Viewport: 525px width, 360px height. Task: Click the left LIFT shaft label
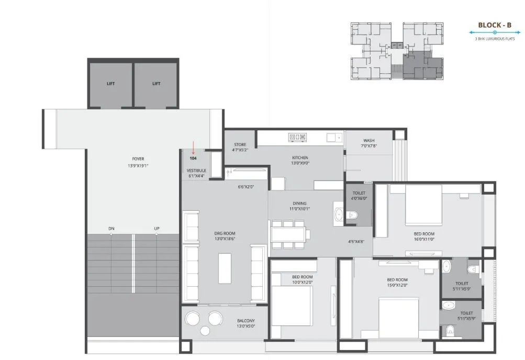(x=110, y=84)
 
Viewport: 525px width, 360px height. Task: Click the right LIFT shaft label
(x=156, y=84)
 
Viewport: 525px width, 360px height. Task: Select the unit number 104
(x=193, y=158)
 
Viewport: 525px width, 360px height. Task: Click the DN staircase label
(x=111, y=229)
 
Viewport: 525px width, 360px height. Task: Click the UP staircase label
(x=157, y=229)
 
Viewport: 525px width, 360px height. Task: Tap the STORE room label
(x=240, y=144)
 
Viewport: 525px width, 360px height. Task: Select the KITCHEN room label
(x=300, y=157)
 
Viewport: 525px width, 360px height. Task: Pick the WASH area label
(x=369, y=141)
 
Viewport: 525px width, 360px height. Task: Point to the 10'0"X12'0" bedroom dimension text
(x=303, y=283)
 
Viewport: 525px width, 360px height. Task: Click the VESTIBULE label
(x=196, y=171)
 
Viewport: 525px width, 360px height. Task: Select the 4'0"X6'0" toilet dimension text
(x=359, y=198)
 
